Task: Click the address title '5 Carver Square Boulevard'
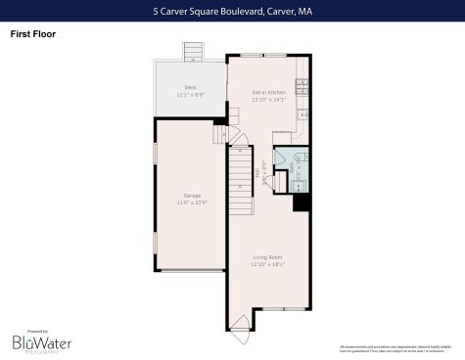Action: click(232, 12)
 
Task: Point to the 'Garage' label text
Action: click(191, 196)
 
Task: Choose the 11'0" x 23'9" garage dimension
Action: click(191, 202)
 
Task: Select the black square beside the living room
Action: click(302, 202)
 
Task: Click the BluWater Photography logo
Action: click(38, 342)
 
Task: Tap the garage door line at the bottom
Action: click(191, 271)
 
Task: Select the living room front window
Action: click(279, 308)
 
